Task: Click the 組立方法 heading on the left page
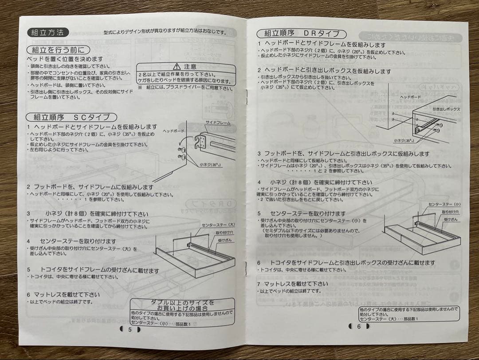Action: click(x=48, y=32)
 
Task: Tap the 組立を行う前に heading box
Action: click(x=57, y=50)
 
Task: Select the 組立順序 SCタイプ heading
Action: click(x=72, y=117)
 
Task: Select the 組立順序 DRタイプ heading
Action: click(x=302, y=33)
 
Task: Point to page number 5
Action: click(x=130, y=329)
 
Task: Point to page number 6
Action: click(x=359, y=326)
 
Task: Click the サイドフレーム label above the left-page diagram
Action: click(x=218, y=122)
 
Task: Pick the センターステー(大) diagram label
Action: click(x=219, y=225)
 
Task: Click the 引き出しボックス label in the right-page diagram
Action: click(x=446, y=109)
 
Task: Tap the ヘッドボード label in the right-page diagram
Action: click(x=410, y=97)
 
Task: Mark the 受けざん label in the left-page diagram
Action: click(x=225, y=240)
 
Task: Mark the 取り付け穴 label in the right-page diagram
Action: click(x=450, y=212)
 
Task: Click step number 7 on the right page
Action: click(x=259, y=284)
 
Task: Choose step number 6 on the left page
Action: click(x=28, y=294)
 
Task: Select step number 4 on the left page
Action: click(x=28, y=241)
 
